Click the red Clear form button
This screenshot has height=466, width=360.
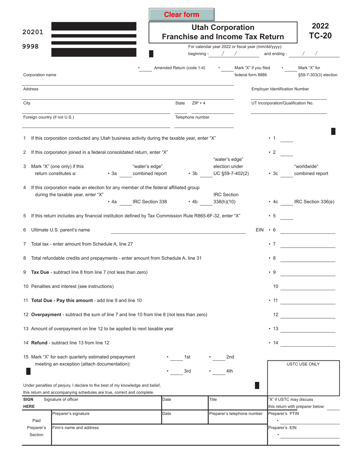click(x=182, y=15)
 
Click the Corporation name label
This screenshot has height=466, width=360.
click(x=40, y=75)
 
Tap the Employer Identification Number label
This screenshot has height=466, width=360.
click(x=280, y=89)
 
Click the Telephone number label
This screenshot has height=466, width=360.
click(x=192, y=117)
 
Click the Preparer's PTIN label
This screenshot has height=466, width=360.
click(x=283, y=413)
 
